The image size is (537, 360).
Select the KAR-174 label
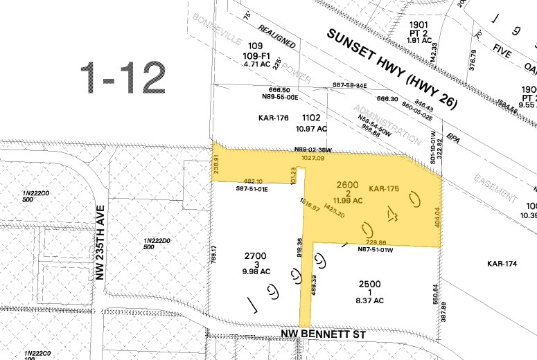point(503,263)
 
